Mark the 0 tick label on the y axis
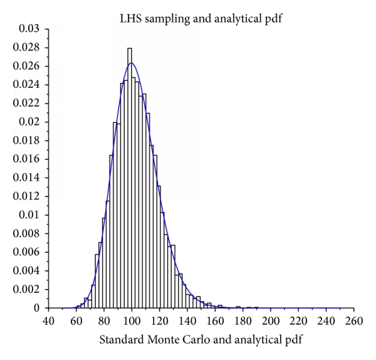click(x=38, y=308)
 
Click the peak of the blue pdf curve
click(x=132, y=63)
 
